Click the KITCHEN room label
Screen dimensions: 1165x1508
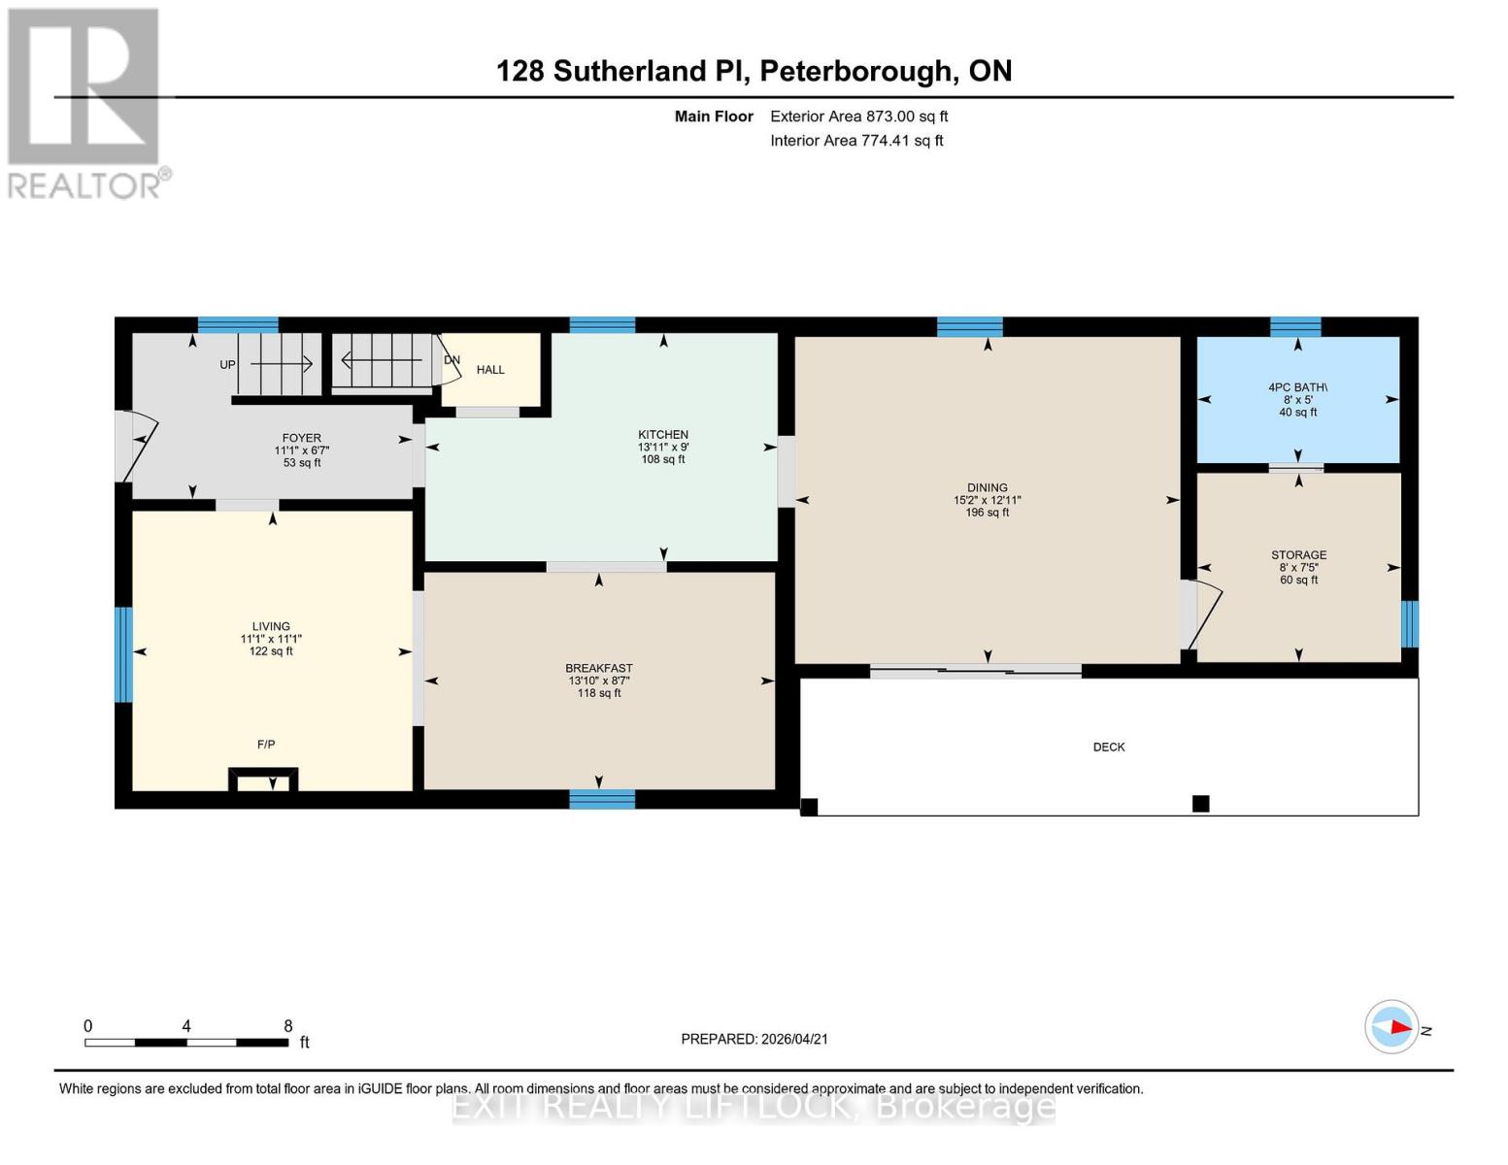pos(663,435)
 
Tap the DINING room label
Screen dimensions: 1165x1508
pos(987,488)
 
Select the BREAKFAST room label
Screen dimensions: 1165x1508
pos(599,669)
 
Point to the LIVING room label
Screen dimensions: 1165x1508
pos(271,627)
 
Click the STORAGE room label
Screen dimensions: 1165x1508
pos(1298,555)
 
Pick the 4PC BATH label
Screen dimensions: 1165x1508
pos(1297,387)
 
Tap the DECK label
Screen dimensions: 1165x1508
pos(1109,748)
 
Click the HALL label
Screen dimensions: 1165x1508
pos(490,370)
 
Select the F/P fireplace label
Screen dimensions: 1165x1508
pos(266,745)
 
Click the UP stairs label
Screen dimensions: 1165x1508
pos(227,365)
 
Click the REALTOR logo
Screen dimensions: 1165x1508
pos(85,102)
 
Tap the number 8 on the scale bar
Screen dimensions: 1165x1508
pos(288,1026)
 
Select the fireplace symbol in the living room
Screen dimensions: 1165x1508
pos(263,780)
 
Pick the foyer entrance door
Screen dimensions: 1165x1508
pos(135,446)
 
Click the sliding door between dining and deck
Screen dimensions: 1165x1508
pos(975,670)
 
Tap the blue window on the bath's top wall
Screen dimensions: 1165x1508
pos(1295,326)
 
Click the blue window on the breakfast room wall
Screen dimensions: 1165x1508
pos(602,799)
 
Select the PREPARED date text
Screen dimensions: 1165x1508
pos(754,1039)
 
